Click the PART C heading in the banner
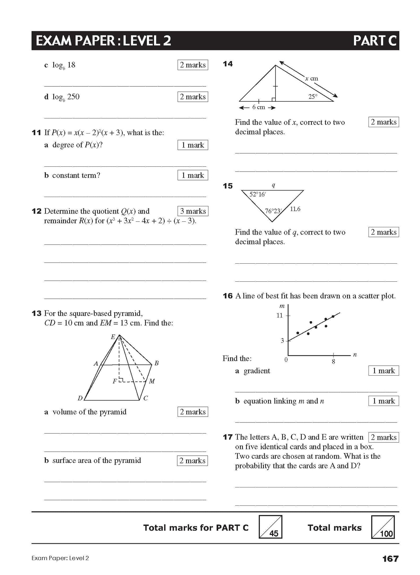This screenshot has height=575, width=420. (374, 40)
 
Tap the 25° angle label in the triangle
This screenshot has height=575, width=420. (313, 97)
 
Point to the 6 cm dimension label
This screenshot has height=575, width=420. (258, 107)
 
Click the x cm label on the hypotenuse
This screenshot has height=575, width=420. (312, 78)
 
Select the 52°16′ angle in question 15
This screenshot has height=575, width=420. (258, 194)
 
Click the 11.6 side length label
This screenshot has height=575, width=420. (295, 209)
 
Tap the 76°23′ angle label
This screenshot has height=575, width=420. (273, 211)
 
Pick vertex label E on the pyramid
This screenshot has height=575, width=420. (113, 337)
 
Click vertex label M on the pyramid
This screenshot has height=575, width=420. (152, 381)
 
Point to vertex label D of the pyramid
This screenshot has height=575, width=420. (80, 398)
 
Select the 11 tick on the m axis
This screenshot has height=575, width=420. (279, 315)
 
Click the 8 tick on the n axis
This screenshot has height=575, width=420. (333, 362)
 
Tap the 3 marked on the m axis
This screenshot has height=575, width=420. (282, 340)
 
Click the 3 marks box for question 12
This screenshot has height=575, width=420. (193, 211)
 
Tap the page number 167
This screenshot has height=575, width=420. (390, 558)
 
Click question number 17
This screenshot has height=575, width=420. (228, 437)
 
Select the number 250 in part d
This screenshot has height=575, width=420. (73, 97)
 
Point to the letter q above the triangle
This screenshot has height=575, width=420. (273, 185)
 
